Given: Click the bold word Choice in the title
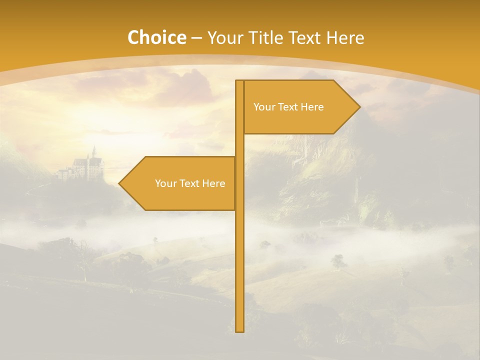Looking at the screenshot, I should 156,37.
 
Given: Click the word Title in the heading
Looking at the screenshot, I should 266,37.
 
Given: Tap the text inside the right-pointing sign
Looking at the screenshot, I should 288,107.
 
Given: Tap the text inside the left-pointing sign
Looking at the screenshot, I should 190,183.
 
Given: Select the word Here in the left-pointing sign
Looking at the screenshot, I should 214,183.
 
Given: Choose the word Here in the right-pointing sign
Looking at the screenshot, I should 312,107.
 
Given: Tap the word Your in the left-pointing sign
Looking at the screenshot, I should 165,183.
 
